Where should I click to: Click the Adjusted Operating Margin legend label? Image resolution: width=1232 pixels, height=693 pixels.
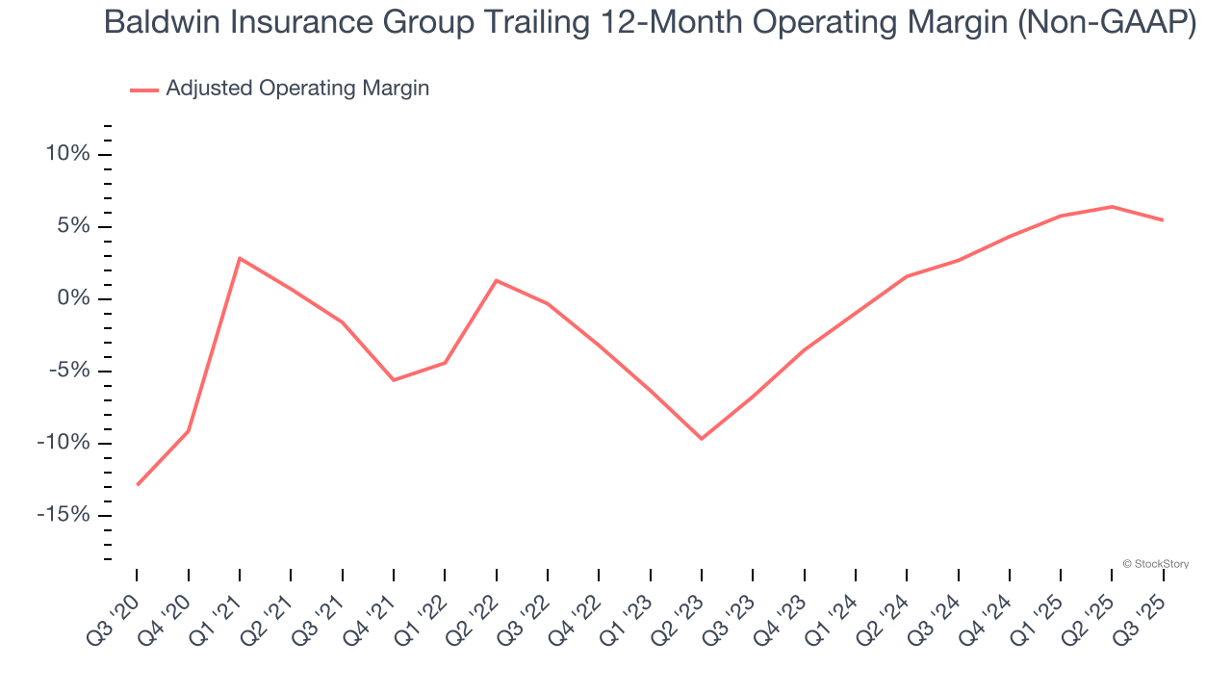pos(297,89)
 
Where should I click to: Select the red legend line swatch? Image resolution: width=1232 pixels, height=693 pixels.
pos(143,90)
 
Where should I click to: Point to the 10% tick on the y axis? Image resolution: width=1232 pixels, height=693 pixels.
pos(67,154)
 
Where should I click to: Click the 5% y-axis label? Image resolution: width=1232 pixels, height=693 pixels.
pos(73,226)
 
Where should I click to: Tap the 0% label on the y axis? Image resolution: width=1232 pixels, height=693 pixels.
pos(73,298)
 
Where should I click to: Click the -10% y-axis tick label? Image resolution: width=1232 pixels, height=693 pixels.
pos(64,443)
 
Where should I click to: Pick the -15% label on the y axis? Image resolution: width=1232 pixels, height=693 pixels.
pos(64,515)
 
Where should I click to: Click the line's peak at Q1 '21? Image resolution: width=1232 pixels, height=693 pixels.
pos(239,258)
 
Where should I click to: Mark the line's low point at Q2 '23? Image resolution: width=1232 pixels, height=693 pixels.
pos(702,439)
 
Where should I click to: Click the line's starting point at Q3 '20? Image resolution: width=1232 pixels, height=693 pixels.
pos(137,484)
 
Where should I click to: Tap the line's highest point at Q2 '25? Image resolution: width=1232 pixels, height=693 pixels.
pos(1112,206)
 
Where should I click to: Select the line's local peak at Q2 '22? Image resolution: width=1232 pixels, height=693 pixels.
pos(496,280)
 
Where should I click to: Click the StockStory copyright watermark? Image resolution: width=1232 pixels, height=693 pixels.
pos(1155,564)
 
